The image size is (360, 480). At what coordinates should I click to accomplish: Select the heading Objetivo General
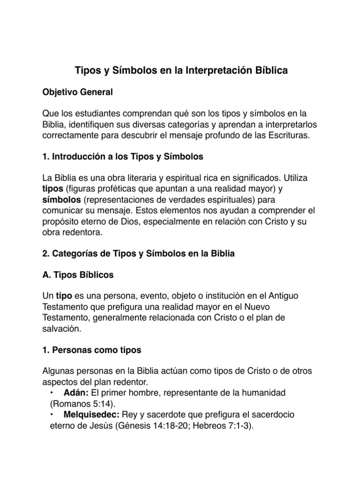coord(77,92)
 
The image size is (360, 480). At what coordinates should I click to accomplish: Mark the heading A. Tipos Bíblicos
coord(78,276)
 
